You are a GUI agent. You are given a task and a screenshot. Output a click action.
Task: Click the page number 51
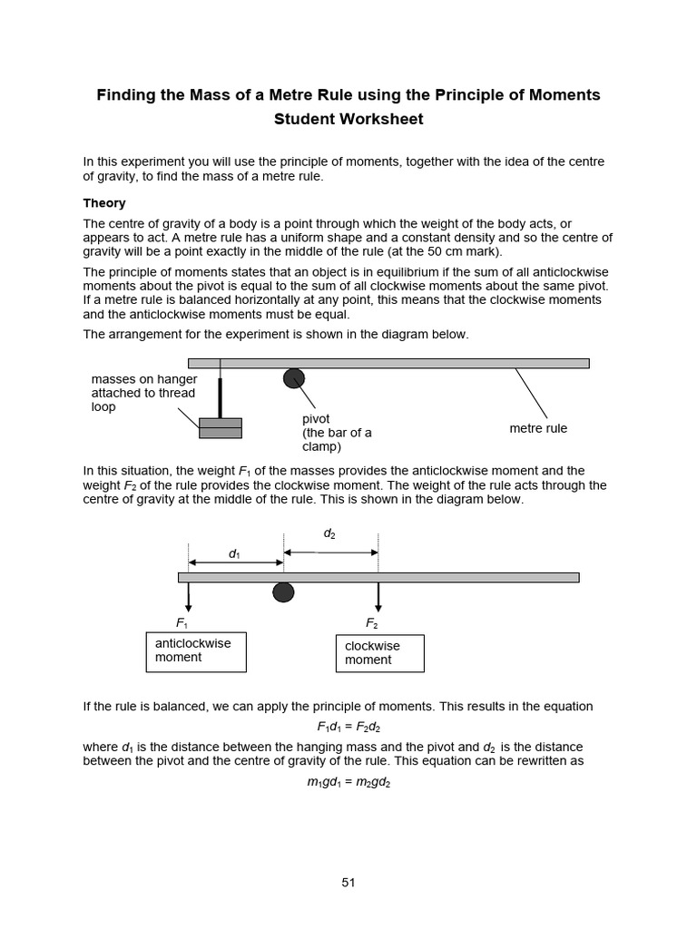click(348, 882)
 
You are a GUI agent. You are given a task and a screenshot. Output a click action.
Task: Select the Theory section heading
click(104, 203)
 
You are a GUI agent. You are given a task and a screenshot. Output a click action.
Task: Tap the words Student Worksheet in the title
click(348, 119)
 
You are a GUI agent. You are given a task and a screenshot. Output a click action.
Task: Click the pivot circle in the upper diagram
click(294, 377)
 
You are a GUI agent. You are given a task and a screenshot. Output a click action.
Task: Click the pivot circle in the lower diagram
click(283, 592)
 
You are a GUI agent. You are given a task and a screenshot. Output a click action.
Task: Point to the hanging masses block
click(221, 428)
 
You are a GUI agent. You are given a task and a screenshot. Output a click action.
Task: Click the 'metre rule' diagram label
click(538, 428)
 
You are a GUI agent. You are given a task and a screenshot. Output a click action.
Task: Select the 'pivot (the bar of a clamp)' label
click(337, 433)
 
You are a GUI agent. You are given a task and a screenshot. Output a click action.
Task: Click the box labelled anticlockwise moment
click(196, 651)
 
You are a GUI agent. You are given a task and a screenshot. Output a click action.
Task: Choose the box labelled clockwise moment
click(379, 653)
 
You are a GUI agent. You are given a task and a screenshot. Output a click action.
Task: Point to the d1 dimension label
click(234, 553)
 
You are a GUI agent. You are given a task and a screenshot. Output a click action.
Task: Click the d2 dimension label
click(329, 534)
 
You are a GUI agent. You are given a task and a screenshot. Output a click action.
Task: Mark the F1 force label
click(182, 623)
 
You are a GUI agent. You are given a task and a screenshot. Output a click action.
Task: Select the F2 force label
click(372, 623)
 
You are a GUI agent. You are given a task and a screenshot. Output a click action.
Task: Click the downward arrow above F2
click(378, 597)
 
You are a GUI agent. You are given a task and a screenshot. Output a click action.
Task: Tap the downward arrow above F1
click(189, 597)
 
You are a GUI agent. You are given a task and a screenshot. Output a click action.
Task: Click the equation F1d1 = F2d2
click(348, 727)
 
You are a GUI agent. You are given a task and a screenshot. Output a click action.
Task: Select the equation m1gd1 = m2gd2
click(348, 782)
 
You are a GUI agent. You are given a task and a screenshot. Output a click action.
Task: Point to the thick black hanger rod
click(220, 397)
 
